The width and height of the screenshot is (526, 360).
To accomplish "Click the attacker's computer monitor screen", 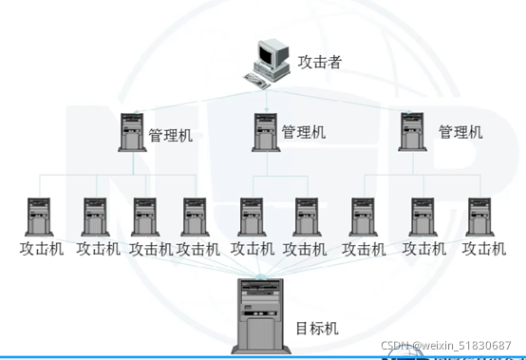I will [x=271, y=54].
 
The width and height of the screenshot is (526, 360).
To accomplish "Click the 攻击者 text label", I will [x=319, y=63].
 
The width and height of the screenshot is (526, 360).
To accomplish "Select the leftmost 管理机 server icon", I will [x=132, y=132].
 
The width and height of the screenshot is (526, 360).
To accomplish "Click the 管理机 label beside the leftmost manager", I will [x=171, y=135].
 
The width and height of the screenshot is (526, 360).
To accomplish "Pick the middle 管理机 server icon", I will [x=266, y=131].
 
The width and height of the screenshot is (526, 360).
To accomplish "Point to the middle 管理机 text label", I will [x=304, y=132].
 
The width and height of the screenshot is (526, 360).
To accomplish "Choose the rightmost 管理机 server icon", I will [x=411, y=131].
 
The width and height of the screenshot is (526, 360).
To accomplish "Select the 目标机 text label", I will [x=316, y=330].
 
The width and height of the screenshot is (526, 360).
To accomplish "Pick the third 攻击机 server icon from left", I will [x=144, y=218].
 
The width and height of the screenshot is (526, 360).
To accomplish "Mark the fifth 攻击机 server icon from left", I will [x=251, y=218].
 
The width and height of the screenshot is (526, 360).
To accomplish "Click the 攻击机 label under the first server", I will [x=41, y=249].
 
